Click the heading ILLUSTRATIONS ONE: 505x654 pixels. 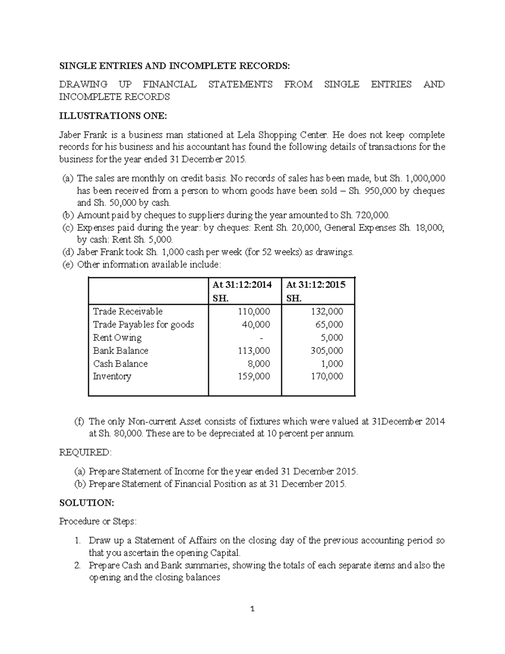[113, 116]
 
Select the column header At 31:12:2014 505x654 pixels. [242, 285]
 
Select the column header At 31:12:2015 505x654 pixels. [316, 285]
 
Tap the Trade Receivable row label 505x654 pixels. [128, 311]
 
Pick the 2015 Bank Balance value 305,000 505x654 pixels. [327, 350]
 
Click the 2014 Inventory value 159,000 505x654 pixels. [254, 376]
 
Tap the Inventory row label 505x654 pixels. [112, 376]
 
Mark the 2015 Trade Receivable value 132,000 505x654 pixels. [327, 311]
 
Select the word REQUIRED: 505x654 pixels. [85, 452]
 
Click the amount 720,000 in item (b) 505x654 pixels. [372, 215]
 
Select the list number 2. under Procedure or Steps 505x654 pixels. [77, 565]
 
